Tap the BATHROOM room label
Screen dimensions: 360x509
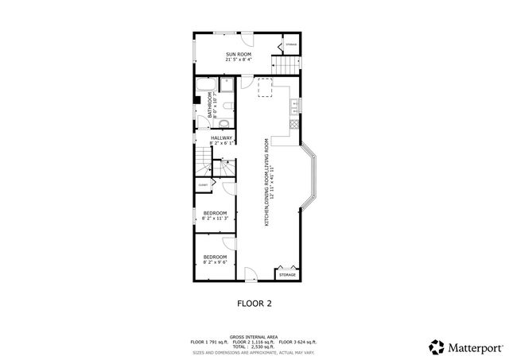(x=212, y=105)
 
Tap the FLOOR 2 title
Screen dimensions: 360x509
(x=254, y=303)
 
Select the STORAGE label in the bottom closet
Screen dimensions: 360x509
(x=287, y=275)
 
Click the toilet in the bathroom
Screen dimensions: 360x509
(x=223, y=123)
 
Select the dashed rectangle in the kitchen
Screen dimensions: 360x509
(x=265, y=88)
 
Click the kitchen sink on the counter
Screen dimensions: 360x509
(x=296, y=103)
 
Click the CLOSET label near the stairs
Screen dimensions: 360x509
(x=203, y=184)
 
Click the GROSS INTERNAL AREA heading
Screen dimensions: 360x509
(x=254, y=336)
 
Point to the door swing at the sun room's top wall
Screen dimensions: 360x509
(x=248, y=40)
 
